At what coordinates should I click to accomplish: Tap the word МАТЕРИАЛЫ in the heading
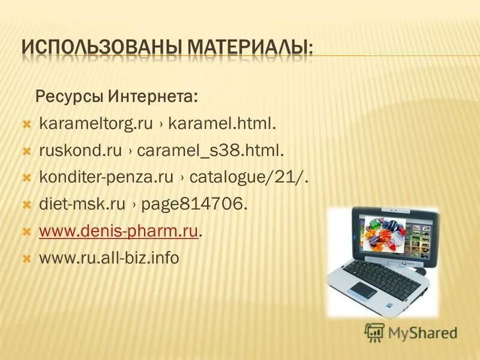[251, 47]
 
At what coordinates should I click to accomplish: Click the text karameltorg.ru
[96, 124]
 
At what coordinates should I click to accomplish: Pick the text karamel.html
[222, 124]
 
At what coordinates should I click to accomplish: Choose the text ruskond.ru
[80, 151]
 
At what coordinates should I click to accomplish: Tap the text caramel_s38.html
[210, 151]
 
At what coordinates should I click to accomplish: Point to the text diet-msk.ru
[82, 205]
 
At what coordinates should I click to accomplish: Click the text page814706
[193, 205]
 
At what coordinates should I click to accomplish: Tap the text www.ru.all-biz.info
[109, 259]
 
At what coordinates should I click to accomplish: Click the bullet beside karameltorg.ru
[26, 124]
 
